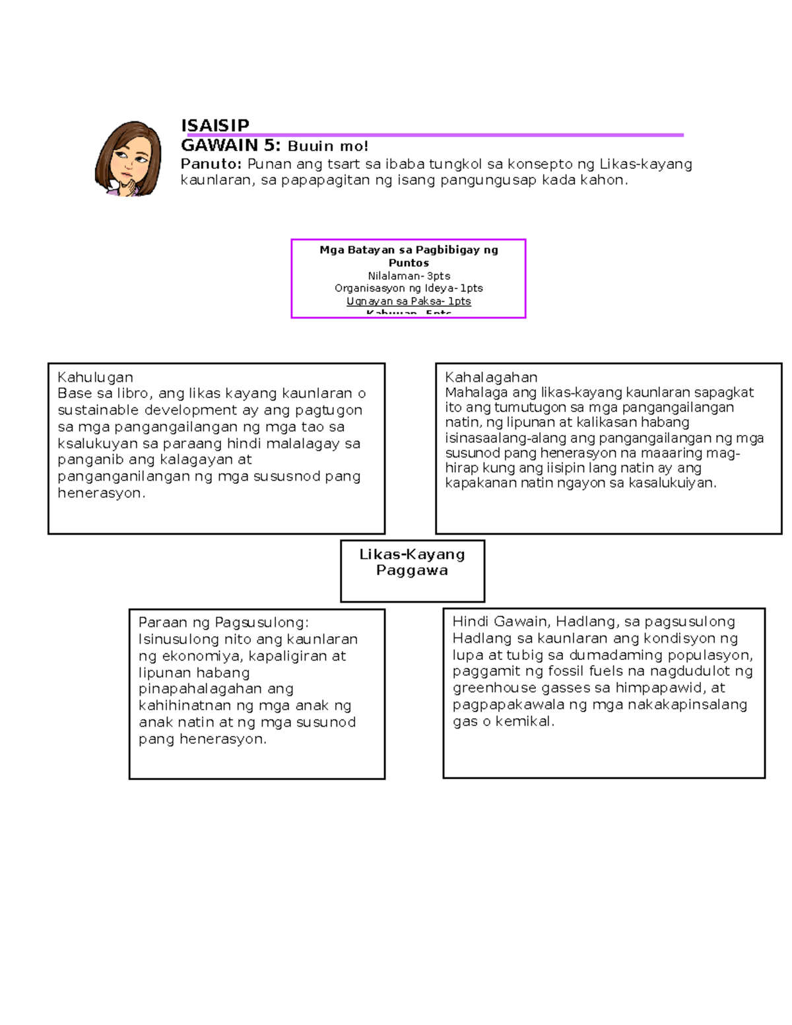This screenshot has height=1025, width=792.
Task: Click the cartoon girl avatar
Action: click(x=129, y=158)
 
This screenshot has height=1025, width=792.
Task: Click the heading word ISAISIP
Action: click(x=215, y=125)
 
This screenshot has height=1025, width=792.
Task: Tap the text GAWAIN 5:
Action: click(x=231, y=146)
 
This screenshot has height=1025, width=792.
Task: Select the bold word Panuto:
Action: click(x=211, y=164)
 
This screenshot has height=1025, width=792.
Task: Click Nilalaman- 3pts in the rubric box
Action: click(x=409, y=276)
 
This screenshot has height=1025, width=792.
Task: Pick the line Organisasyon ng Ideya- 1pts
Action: click(x=409, y=288)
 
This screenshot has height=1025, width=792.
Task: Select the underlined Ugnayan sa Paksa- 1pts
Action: click(x=409, y=301)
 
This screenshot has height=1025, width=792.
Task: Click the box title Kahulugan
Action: click(x=95, y=378)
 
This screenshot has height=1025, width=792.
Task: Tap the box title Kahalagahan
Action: click(x=491, y=377)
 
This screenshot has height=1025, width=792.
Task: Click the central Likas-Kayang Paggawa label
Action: click(x=412, y=562)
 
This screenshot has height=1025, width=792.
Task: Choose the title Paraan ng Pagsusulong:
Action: click(x=223, y=622)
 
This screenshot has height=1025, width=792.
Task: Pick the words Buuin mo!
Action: click(x=327, y=147)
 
